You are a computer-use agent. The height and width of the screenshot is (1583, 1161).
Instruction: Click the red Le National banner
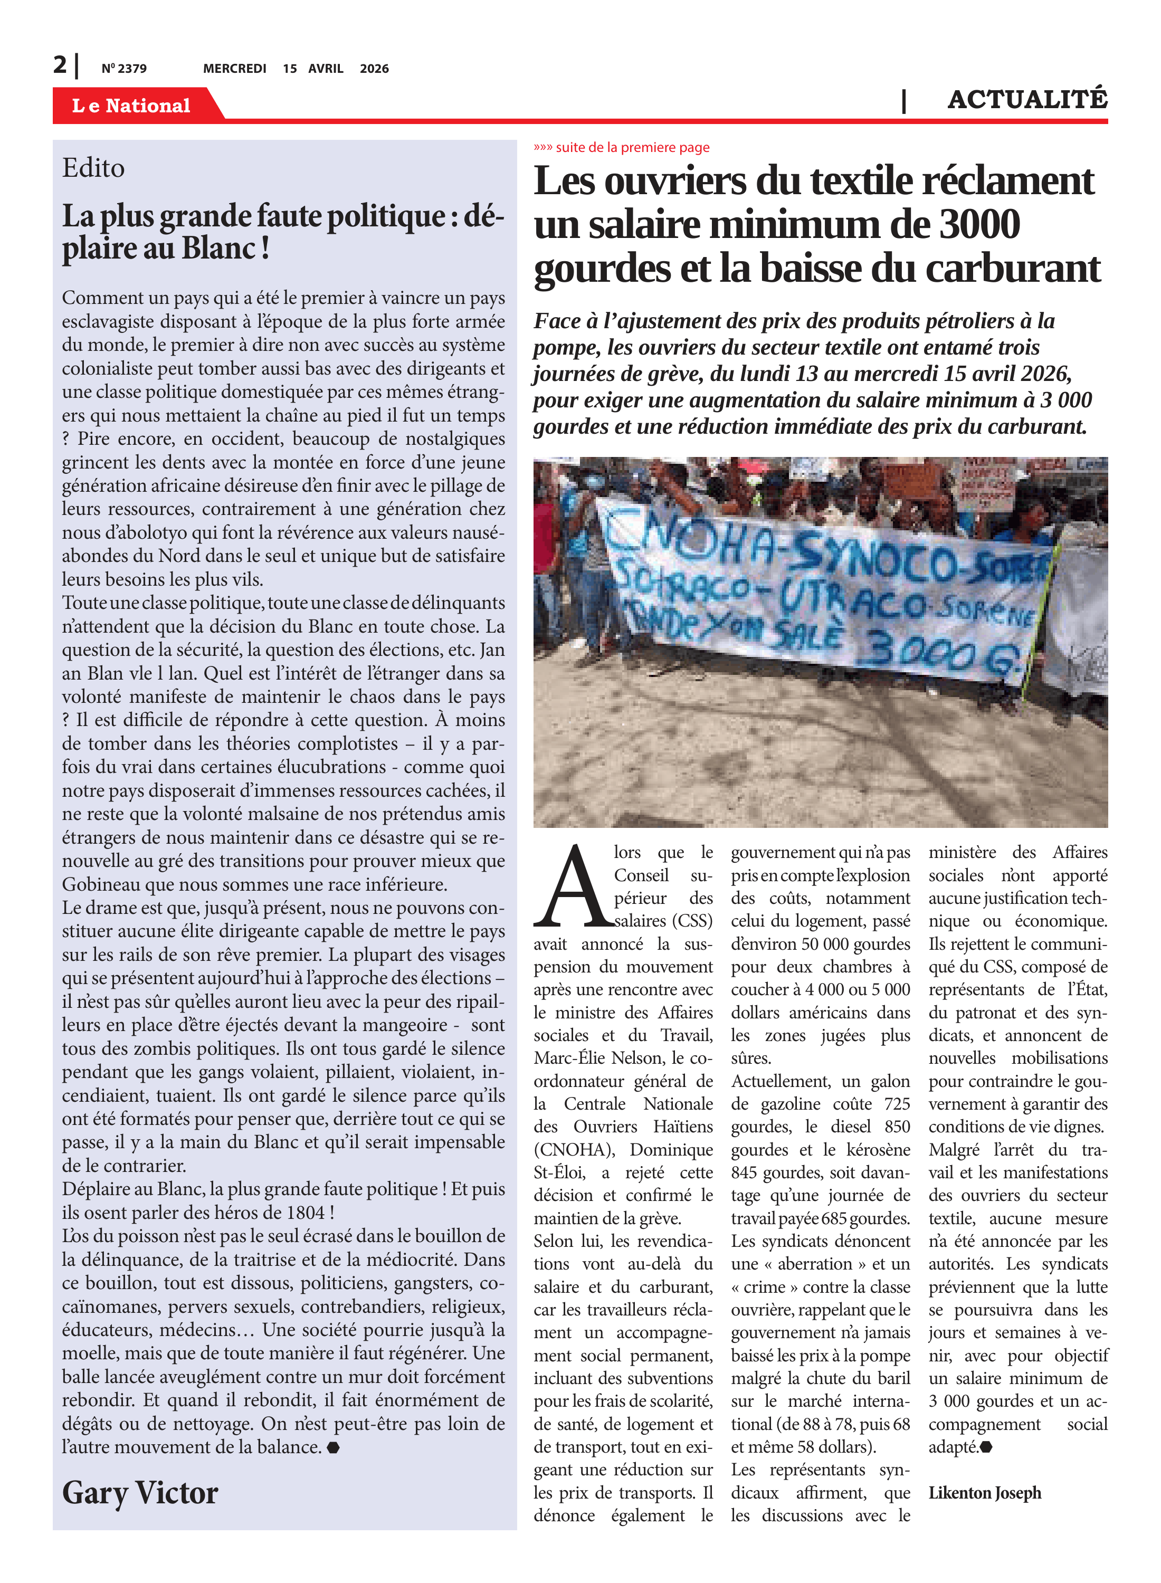point(131,106)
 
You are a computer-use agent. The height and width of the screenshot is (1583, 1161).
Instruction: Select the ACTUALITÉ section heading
point(1027,100)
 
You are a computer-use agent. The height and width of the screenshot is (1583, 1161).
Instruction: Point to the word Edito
point(93,168)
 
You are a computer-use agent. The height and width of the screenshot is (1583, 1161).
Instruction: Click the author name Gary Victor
point(140,1492)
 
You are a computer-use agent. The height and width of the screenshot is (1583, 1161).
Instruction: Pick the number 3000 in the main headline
point(979,225)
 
